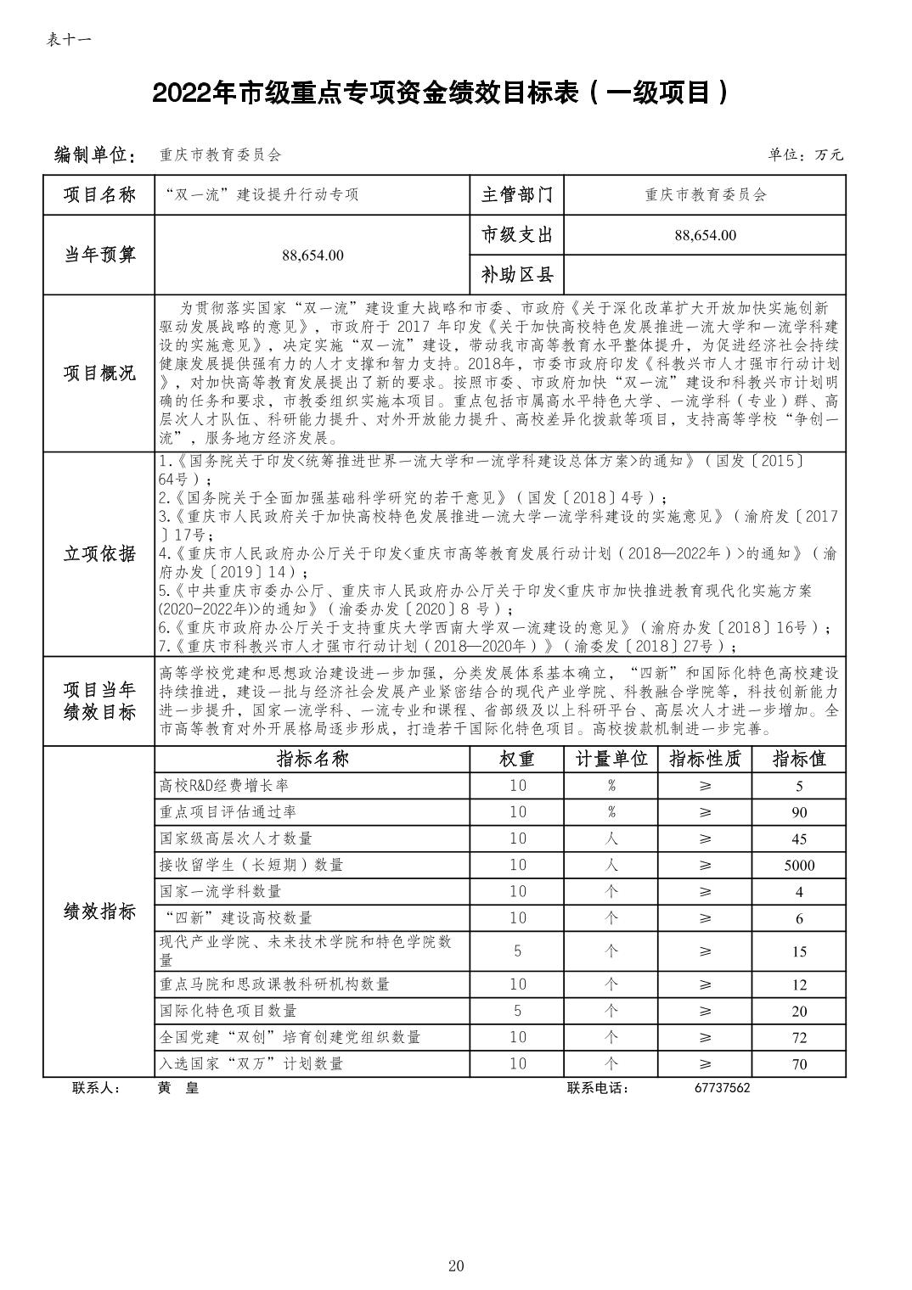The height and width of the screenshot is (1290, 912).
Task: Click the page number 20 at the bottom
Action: click(x=456, y=1266)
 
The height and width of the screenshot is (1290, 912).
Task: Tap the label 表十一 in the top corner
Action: click(x=69, y=40)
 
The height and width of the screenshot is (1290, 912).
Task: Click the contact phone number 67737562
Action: click(x=718, y=1088)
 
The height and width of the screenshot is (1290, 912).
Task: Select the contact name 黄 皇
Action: click(x=178, y=1088)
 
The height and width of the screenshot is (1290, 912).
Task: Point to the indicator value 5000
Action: click(x=798, y=866)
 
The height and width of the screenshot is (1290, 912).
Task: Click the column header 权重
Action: click(x=517, y=759)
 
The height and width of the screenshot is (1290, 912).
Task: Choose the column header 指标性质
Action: click(x=705, y=759)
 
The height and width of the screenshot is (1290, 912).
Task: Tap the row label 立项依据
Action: click(x=99, y=554)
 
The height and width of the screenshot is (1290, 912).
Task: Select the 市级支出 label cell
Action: click(x=517, y=235)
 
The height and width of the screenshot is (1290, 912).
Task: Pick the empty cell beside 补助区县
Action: click(x=705, y=275)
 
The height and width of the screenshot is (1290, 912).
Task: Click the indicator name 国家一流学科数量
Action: click(x=220, y=892)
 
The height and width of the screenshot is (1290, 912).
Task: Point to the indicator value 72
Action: click(x=798, y=1038)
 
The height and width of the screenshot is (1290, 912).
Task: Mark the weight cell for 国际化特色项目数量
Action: click(x=517, y=1011)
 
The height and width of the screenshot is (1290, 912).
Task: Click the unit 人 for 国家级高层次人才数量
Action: click(x=611, y=838)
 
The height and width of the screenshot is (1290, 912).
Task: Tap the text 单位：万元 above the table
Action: click(x=806, y=154)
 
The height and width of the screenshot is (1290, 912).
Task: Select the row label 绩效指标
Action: click(x=99, y=912)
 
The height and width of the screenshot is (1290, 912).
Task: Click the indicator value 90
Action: click(x=798, y=812)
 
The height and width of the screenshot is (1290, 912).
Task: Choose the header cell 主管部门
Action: click(x=517, y=195)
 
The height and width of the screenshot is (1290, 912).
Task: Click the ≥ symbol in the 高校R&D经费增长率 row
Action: click(x=705, y=786)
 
